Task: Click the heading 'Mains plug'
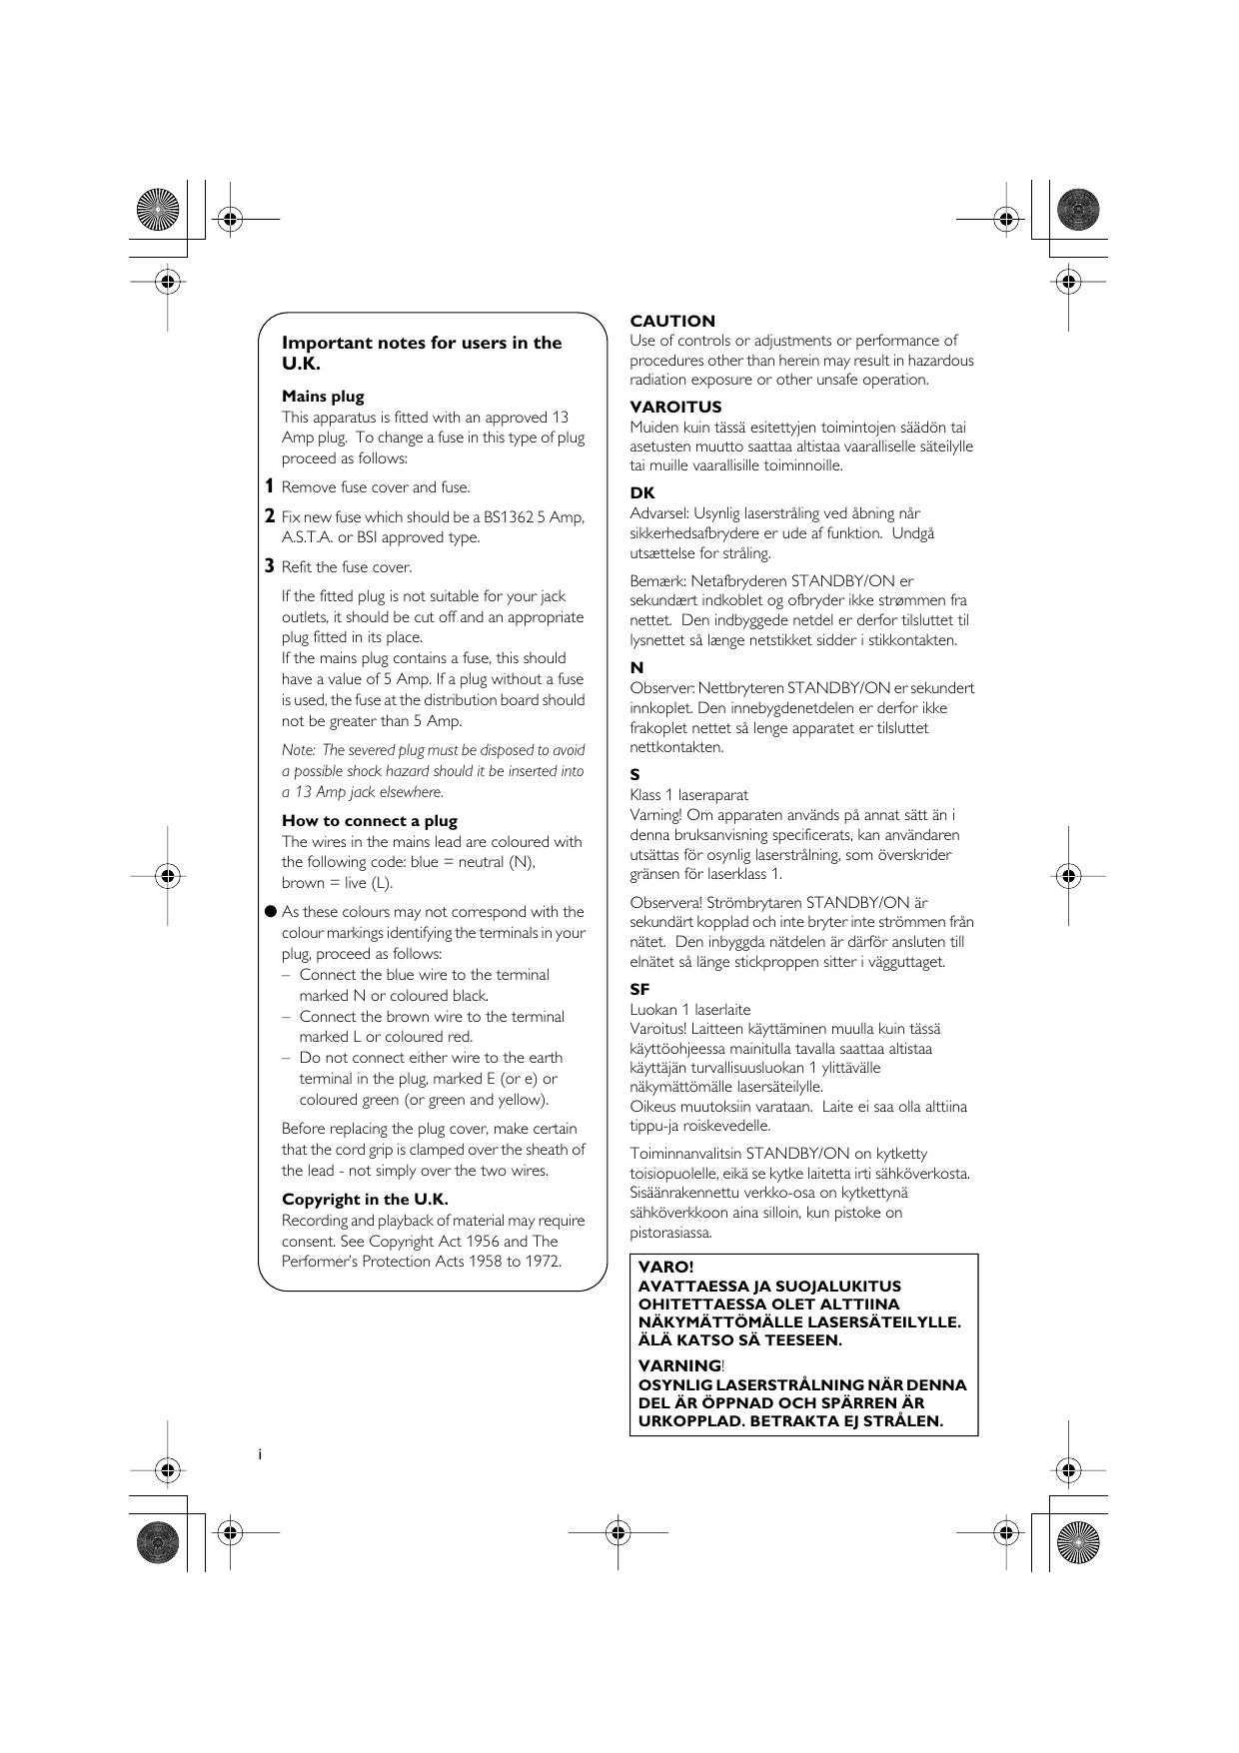point(323,397)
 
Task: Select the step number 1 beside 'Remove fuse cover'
point(269,486)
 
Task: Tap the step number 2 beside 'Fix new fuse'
point(269,516)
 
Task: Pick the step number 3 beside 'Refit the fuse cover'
point(269,566)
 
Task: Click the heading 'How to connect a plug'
point(369,821)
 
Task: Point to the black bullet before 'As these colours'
point(270,911)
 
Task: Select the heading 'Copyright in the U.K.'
point(365,1200)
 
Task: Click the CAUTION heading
point(672,322)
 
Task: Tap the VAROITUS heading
point(675,408)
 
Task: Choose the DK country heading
point(642,493)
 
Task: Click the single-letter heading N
point(636,668)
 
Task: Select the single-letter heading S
point(635,775)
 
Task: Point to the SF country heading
point(640,990)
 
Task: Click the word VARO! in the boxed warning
point(666,1268)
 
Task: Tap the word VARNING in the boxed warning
point(679,1365)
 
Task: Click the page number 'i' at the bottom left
point(260,1454)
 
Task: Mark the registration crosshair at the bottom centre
point(618,1531)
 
